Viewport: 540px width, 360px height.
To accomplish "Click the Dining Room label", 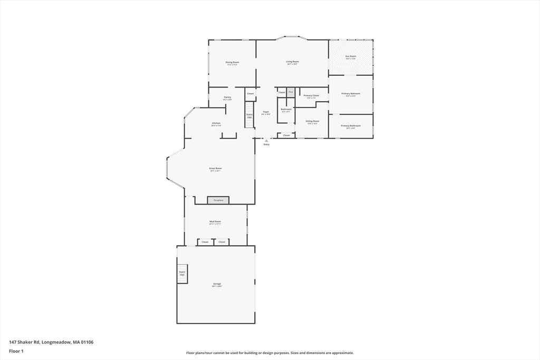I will point(232,63).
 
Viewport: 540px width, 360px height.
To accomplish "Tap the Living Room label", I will point(293,62).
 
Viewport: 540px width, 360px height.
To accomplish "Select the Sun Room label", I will point(351,57).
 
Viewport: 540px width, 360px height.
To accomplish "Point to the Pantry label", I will point(227,98).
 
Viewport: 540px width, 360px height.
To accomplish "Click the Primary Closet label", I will point(311,96).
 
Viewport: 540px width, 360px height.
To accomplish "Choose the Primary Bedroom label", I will point(351,94).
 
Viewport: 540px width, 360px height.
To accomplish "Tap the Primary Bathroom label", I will point(351,126).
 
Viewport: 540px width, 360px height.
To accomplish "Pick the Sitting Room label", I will point(312,121).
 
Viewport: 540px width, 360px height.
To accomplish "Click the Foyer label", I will point(266,112).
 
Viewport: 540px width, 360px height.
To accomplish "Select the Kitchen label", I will point(216,123).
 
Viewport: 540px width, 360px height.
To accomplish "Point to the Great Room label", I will point(215,169).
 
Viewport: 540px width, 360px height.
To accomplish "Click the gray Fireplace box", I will point(218,200).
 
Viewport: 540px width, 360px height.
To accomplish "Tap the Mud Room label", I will point(215,222).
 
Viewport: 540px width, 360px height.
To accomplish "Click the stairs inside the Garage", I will point(182,274).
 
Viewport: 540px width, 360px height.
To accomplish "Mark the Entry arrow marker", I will point(266,141).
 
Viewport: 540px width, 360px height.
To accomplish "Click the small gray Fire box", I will point(291,92).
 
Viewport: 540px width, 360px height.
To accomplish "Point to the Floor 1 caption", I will point(17,351).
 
